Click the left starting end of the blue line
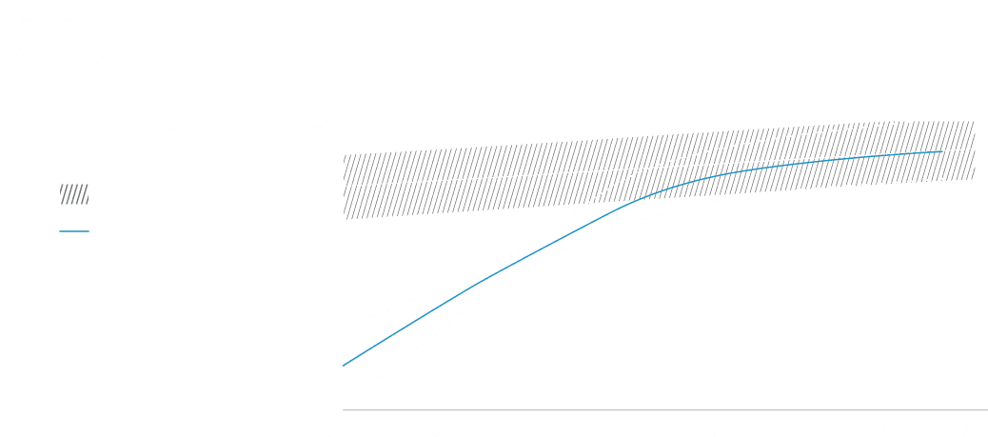tap(345, 365)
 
